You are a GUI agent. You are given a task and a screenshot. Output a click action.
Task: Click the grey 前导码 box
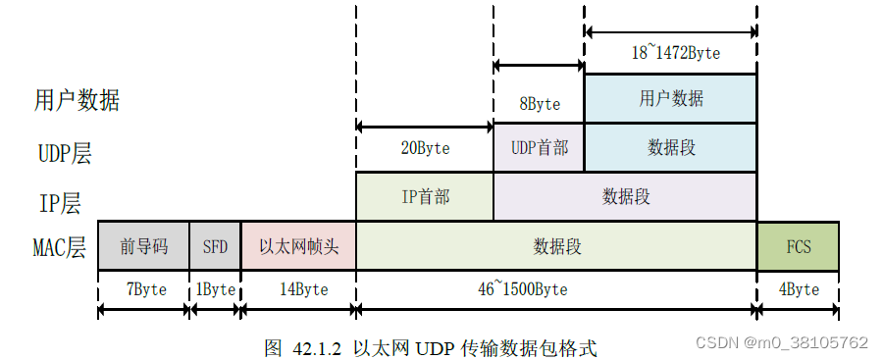[143, 246]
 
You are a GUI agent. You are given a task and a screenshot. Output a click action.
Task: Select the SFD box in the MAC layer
[215, 246]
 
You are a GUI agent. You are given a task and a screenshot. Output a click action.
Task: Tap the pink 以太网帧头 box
[298, 246]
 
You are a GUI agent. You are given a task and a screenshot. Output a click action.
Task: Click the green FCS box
[798, 246]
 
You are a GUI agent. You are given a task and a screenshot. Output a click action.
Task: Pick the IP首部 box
[425, 196]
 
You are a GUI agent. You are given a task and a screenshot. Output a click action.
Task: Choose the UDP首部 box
[539, 147]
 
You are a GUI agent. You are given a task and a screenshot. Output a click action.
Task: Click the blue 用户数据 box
[670, 99]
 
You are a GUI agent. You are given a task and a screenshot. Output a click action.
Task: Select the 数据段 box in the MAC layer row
[556, 246]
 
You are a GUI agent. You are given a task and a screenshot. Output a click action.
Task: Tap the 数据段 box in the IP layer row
[625, 196]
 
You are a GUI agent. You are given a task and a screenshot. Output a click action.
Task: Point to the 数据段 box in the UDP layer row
[670, 147]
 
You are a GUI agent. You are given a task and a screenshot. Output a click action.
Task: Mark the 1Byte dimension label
[215, 289]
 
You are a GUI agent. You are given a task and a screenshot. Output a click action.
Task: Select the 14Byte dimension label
[297, 289]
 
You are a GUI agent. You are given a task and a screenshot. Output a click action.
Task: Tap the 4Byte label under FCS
[798, 289]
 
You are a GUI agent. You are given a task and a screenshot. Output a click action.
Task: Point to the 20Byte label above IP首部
[425, 149]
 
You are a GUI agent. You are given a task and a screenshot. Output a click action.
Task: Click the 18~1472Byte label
[675, 53]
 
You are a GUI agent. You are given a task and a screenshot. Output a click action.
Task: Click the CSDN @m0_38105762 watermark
[781, 342]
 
